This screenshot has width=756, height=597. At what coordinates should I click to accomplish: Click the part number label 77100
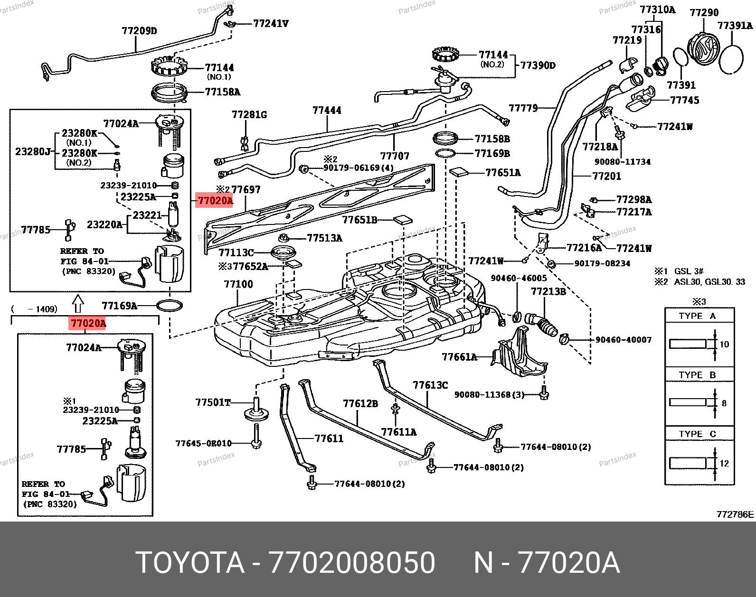(x=238, y=284)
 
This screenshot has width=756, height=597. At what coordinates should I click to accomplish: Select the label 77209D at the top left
(x=139, y=31)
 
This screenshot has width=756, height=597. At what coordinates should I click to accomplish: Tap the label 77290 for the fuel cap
(x=704, y=13)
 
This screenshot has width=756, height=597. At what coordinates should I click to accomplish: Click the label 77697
(x=246, y=190)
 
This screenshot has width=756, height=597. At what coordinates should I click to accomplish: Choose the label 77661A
(x=459, y=357)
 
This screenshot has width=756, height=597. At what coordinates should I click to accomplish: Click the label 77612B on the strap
(x=360, y=403)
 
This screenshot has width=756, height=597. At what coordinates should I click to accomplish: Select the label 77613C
(x=430, y=385)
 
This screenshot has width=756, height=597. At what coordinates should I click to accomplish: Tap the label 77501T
(x=213, y=402)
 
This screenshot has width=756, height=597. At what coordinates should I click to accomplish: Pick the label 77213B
(x=548, y=291)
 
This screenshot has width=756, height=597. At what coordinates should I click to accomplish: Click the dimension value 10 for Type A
(x=724, y=344)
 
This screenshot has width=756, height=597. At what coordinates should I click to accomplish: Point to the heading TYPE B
(x=697, y=375)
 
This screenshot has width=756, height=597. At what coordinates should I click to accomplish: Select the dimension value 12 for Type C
(x=724, y=463)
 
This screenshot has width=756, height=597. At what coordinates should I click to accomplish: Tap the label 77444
(x=327, y=111)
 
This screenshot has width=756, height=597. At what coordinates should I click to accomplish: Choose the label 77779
(x=523, y=108)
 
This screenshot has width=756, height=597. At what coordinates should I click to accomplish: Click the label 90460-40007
(x=624, y=340)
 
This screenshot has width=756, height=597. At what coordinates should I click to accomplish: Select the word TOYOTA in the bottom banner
(x=190, y=563)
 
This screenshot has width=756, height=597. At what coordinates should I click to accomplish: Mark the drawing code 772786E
(x=735, y=514)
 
